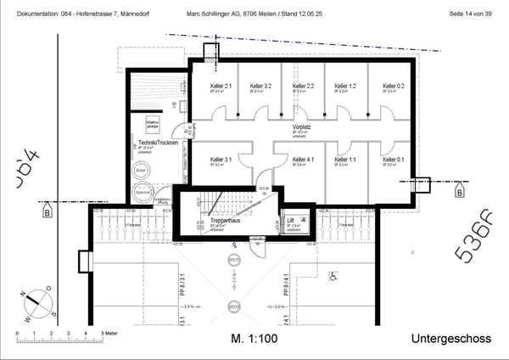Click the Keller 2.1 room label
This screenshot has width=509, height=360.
(x=221, y=87)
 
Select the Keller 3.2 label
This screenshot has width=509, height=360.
(x=260, y=87)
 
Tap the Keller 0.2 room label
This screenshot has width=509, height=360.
(x=393, y=87)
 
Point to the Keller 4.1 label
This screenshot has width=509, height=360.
(x=304, y=160)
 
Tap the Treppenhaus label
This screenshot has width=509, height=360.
(x=224, y=221)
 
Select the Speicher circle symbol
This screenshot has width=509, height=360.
(x=141, y=192)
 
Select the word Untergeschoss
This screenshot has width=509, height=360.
(x=450, y=339)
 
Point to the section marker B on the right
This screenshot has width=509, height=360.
(x=459, y=193)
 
